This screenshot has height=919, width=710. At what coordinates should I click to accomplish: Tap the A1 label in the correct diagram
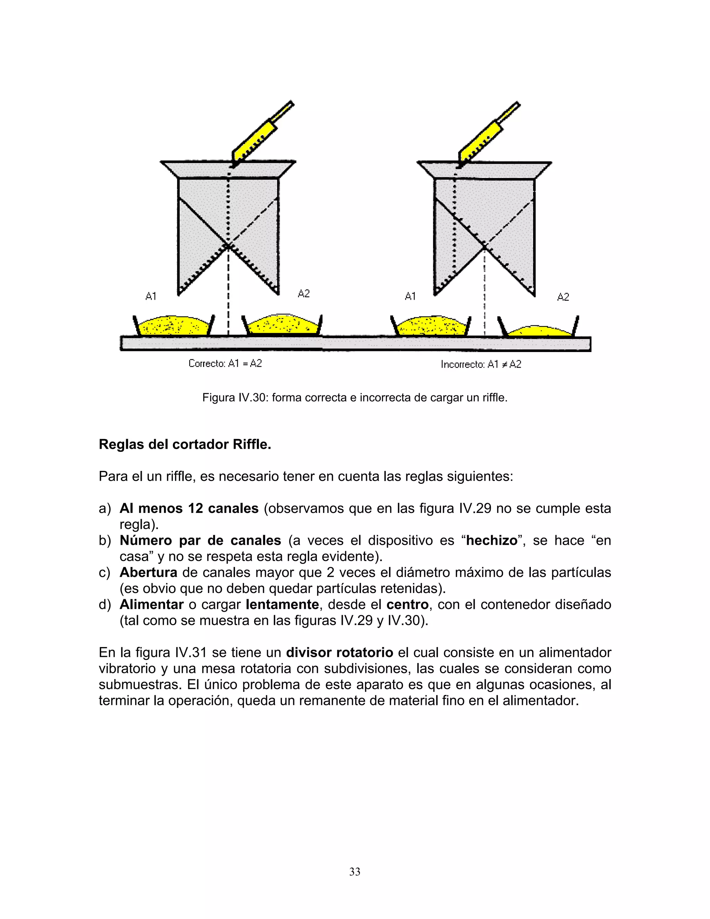[150, 296]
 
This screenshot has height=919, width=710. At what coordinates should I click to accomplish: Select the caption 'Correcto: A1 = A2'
[225, 363]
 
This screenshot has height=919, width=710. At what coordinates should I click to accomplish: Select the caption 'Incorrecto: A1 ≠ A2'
[481, 364]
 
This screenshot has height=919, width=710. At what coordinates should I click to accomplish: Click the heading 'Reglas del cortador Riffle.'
[185, 444]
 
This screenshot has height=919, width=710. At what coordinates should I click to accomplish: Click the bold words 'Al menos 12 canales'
[189, 508]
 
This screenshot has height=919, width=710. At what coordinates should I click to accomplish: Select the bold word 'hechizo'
[491, 540]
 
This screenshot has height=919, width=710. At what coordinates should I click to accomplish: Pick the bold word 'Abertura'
[148, 572]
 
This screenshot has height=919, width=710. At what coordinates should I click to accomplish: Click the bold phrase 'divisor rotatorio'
[339, 652]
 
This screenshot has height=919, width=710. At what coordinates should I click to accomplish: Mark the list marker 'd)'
[105, 604]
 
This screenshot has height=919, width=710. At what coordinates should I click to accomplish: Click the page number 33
[355, 871]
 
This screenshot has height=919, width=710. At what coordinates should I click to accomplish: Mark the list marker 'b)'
[105, 540]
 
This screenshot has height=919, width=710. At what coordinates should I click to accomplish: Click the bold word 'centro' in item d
[407, 604]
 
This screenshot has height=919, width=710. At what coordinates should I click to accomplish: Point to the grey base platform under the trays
[355, 344]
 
